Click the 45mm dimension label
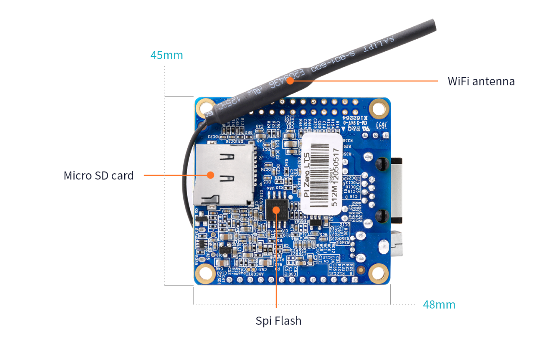(x=167, y=56)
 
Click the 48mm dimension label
(x=439, y=305)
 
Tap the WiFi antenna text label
(x=481, y=81)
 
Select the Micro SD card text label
(x=99, y=175)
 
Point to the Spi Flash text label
(x=278, y=321)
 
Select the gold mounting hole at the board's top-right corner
(x=379, y=107)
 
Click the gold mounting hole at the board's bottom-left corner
(x=206, y=272)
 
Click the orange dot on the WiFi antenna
(x=291, y=80)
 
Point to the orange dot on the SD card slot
(x=211, y=175)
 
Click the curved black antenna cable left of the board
(x=189, y=181)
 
